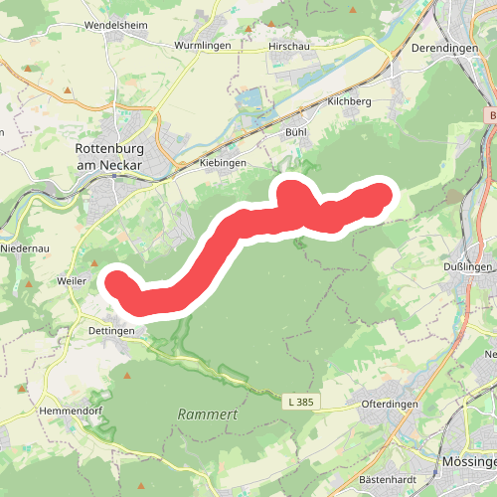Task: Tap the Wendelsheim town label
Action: pyautogui.click(x=115, y=25)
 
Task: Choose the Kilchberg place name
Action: pyautogui.click(x=349, y=102)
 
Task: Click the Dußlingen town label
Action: pyautogui.click(x=469, y=265)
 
